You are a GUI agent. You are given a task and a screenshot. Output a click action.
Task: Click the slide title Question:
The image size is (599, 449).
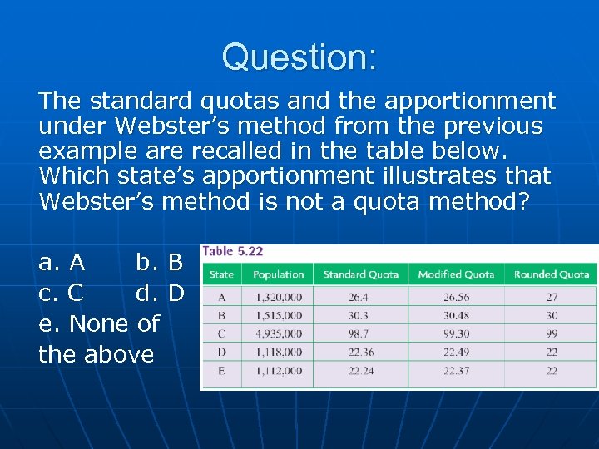299,57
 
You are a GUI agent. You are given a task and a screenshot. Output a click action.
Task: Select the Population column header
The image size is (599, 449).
278,274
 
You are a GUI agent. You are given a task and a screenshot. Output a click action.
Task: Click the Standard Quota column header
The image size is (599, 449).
360,274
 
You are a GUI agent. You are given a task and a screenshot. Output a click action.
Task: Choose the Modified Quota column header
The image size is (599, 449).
456,274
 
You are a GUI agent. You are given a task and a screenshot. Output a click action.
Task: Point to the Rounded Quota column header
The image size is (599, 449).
552,274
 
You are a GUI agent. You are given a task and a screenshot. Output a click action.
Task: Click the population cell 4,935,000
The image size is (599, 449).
278,333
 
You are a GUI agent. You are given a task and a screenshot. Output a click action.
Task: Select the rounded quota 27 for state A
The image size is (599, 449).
552,297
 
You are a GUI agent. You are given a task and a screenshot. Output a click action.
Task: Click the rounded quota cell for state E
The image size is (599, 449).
552,371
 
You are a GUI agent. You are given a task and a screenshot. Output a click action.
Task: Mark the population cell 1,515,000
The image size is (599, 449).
278,315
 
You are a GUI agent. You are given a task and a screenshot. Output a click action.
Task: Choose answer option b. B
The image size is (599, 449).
159,263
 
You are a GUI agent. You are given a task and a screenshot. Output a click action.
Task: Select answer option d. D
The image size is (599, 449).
159,294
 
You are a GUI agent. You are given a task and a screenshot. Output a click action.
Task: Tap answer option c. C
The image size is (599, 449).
62,294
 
